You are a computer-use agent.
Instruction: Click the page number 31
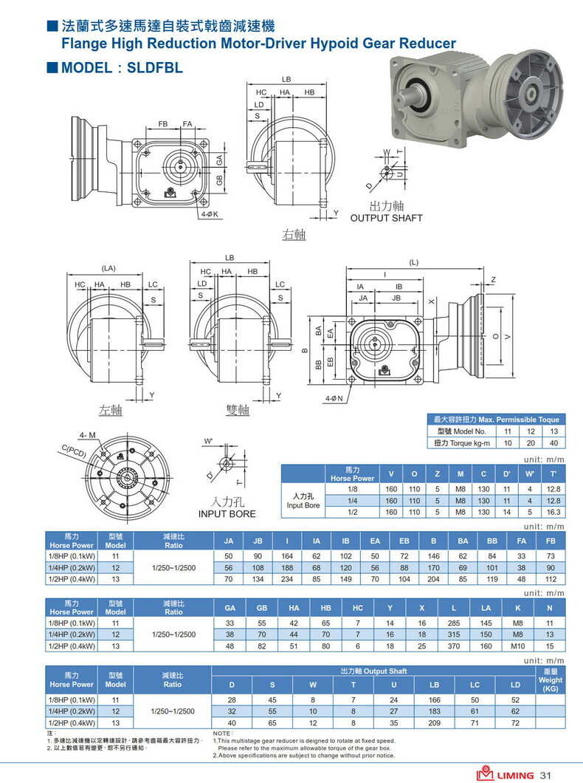(x=546, y=775)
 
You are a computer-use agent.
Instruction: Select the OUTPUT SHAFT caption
(x=386, y=218)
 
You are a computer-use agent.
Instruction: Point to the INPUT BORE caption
(x=227, y=513)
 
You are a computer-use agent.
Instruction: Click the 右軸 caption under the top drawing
(x=294, y=235)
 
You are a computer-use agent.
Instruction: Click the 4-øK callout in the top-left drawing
(x=210, y=214)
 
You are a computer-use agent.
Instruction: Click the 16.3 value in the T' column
(x=553, y=511)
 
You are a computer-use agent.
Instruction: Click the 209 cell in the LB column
(x=434, y=722)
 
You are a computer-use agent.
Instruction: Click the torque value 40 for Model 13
(x=553, y=442)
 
